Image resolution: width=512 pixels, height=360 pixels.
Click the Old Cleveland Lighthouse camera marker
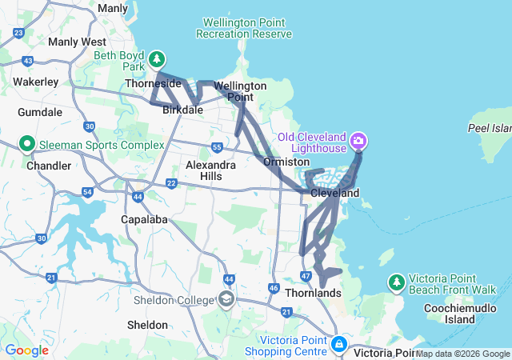point(358,142)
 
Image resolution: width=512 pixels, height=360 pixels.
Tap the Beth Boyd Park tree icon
point(158,58)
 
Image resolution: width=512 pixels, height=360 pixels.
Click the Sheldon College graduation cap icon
point(226,299)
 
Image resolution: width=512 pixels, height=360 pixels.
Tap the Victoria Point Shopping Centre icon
point(339,346)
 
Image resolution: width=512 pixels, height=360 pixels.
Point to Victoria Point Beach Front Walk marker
point(396,282)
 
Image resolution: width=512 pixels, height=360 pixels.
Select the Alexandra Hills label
point(210,170)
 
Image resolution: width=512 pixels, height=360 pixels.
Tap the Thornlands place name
point(313,293)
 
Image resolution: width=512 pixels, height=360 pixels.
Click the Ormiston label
point(286,162)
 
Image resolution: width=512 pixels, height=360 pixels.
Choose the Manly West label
point(77,42)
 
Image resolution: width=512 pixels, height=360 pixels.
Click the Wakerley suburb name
point(36,82)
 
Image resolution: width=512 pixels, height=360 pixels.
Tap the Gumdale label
point(40,113)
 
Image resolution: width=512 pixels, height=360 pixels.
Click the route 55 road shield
point(217,147)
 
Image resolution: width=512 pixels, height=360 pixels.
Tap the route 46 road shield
point(274,288)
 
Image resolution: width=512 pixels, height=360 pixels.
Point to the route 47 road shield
point(306,276)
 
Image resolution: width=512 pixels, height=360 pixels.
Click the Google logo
point(26,350)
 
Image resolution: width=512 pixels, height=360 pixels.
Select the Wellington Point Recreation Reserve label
point(245,28)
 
